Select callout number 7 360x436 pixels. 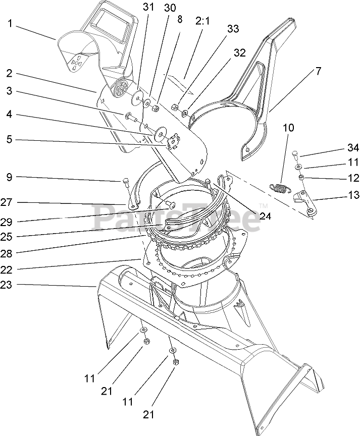click(318, 71)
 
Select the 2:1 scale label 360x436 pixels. click(204, 22)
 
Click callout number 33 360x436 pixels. click(233, 29)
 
